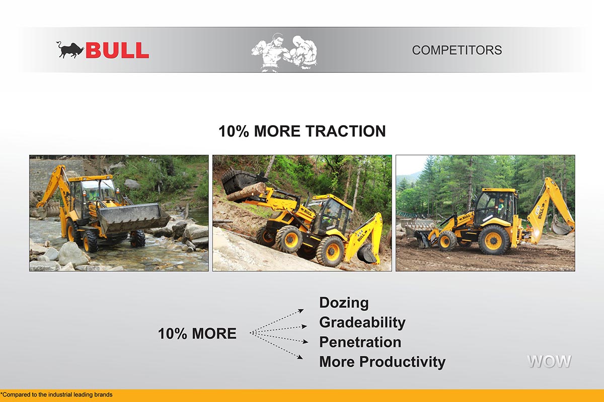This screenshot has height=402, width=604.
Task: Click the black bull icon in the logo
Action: click(70, 50)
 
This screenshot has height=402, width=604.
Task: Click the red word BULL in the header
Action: click(117, 50)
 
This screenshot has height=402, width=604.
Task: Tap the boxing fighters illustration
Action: click(284, 52)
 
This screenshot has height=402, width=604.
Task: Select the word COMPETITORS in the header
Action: click(457, 50)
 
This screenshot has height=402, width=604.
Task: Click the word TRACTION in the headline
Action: click(346, 131)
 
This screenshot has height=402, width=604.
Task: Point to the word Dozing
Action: click(344, 303)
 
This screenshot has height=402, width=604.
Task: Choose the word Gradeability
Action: click(362, 323)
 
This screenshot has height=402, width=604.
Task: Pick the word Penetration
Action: click(360, 342)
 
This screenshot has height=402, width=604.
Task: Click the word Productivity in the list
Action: click(402, 362)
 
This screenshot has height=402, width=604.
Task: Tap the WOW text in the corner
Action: click(549, 361)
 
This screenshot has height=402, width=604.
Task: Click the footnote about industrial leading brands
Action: click(56, 395)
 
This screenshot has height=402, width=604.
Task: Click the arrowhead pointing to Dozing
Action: click(300, 311)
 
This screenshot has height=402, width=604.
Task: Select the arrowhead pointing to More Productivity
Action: click(300, 357)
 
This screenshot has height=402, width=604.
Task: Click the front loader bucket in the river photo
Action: click(134, 218)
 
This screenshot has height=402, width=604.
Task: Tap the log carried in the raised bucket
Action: click(247, 191)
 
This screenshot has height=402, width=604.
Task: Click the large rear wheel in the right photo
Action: click(493, 240)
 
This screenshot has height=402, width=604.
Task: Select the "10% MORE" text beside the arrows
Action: click(197, 334)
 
